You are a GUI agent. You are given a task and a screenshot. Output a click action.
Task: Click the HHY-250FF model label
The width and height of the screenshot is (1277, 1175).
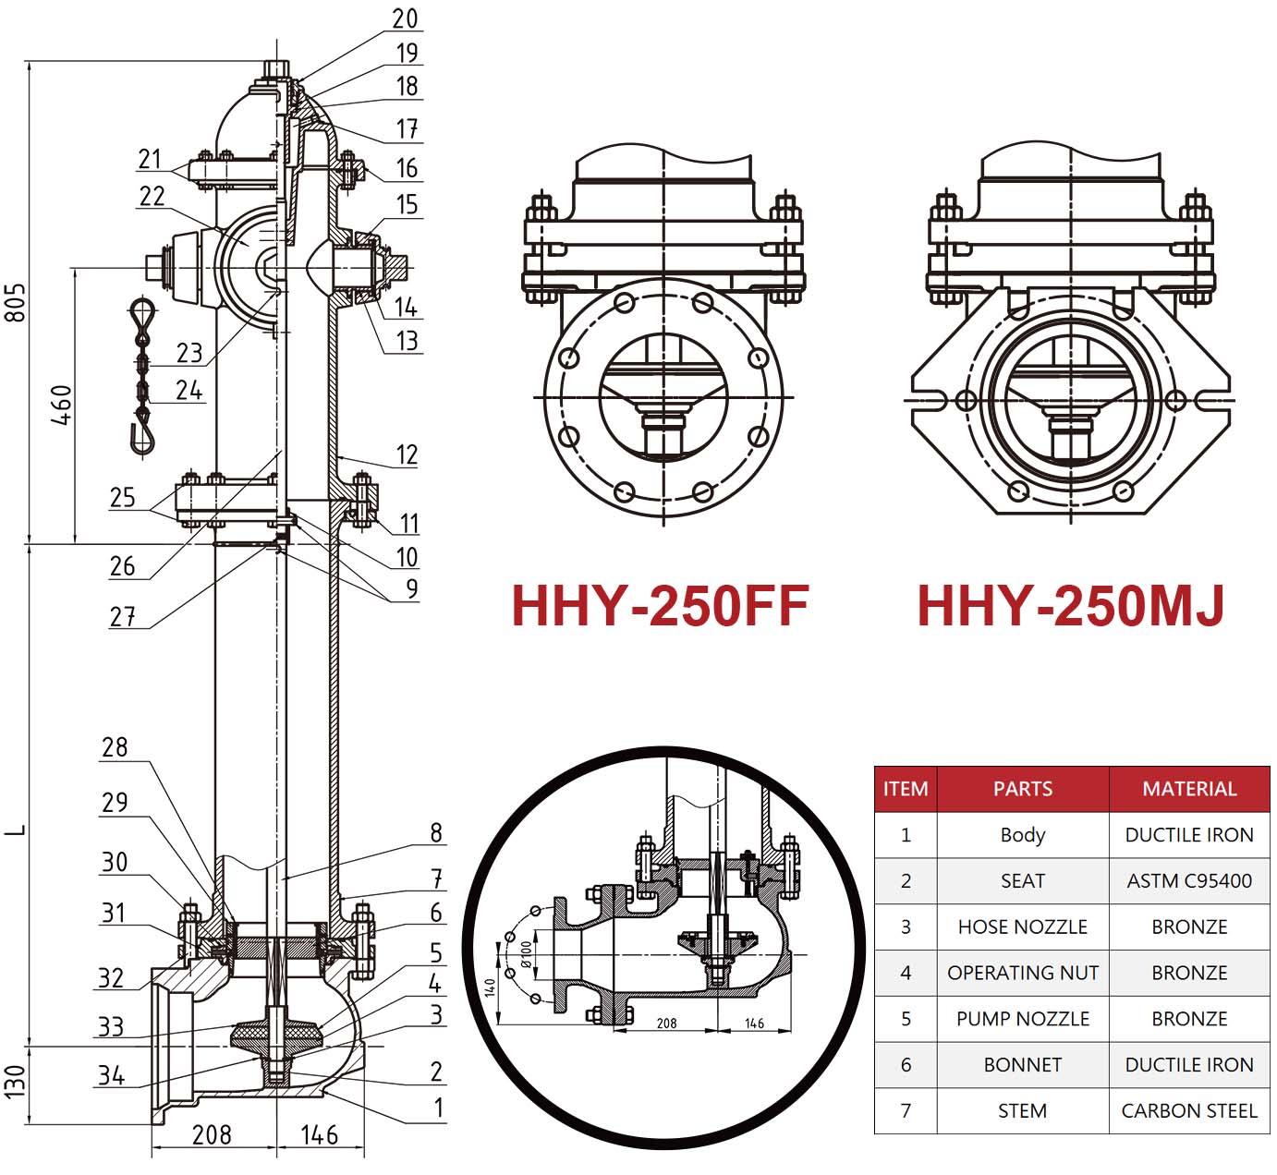(x=660, y=606)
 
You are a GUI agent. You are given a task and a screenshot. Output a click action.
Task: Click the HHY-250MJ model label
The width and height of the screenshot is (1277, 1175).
(x=1070, y=606)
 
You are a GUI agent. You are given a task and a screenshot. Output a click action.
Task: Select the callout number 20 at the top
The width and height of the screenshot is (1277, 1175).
(x=405, y=19)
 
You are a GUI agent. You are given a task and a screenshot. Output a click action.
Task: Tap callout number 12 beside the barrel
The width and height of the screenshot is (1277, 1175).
(x=407, y=454)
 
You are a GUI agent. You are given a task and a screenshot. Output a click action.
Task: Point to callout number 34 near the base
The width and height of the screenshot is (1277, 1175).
(x=111, y=1075)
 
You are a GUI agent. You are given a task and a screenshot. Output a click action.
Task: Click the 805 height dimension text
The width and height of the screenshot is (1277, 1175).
(x=16, y=302)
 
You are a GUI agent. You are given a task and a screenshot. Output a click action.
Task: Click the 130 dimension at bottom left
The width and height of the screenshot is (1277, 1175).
(x=16, y=1082)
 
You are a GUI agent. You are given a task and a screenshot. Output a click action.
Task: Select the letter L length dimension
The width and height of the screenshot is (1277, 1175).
(x=16, y=830)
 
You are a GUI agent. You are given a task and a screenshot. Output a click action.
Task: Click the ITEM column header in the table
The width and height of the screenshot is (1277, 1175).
(x=906, y=789)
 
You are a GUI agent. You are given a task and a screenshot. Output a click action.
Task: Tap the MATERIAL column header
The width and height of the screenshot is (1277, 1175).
(x=1188, y=789)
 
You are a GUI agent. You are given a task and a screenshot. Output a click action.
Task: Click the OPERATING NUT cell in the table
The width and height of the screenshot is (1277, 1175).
(x=1022, y=973)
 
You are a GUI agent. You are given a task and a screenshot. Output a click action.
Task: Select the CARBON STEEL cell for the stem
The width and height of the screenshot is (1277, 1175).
(x=1188, y=1111)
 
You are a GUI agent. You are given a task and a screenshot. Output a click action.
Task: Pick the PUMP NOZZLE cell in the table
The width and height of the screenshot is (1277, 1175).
(x=1022, y=1019)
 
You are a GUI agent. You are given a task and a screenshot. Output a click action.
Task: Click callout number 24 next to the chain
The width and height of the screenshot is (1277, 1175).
(x=189, y=391)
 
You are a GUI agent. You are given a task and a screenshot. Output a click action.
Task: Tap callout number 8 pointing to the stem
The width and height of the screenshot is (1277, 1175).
(x=435, y=833)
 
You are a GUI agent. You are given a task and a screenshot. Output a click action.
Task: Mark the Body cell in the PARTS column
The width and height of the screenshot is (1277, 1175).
(x=1022, y=835)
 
